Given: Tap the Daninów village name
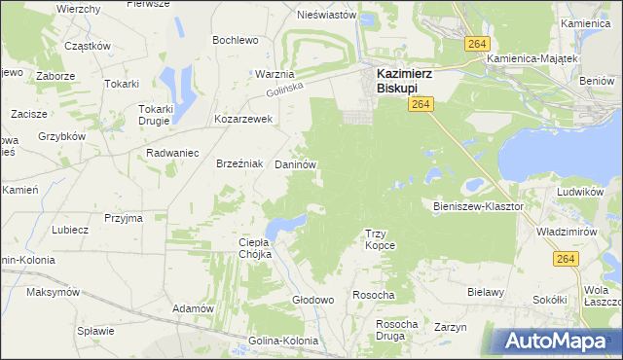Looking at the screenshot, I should pos(295,165).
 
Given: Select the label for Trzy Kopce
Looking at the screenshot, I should pos(380,239).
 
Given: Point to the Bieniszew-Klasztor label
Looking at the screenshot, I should pos(478,206).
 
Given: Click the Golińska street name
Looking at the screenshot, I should pos(284,90).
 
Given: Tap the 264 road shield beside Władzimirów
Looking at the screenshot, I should pos(566,258).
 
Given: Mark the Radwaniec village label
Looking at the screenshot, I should pos(172,154).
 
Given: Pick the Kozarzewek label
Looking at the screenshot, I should pos(243,120).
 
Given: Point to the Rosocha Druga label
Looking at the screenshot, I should pos(396,330).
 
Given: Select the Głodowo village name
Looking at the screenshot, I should pos(313,300).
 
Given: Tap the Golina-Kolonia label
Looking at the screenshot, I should pos(282,341).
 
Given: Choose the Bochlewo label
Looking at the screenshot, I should pos(235,40).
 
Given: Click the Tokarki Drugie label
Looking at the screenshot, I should pos(155,115).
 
